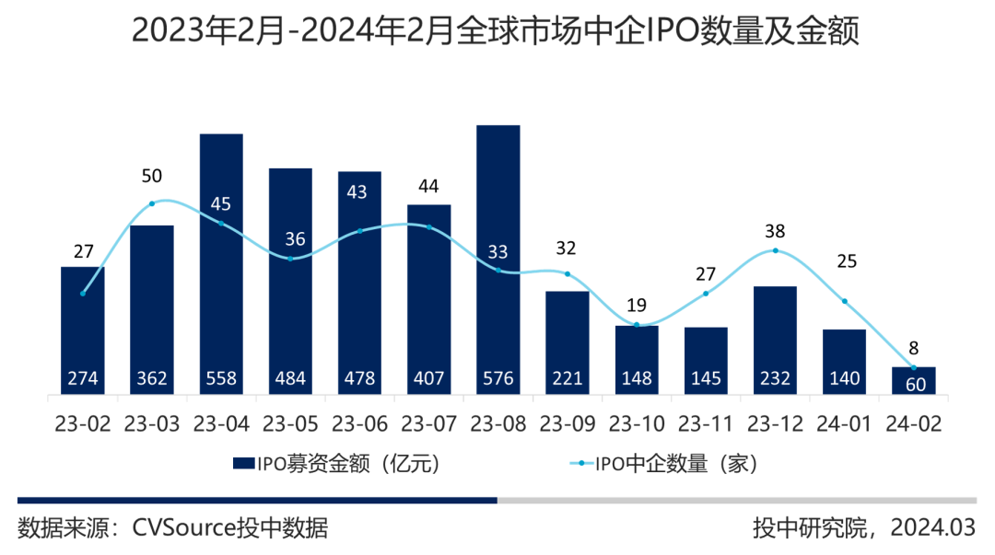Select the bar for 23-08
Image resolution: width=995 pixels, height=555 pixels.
tap(498, 258)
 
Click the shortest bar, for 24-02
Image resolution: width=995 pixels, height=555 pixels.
tap(914, 380)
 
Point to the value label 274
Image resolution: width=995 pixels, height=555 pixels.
tap(83, 378)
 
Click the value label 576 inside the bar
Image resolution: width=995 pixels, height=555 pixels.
tap(498, 378)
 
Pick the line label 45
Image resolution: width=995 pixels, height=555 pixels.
tap(221, 204)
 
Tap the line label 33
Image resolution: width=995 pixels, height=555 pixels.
tap(498, 251)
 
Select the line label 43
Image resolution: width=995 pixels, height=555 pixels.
tap(359, 192)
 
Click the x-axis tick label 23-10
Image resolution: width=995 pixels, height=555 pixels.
tap(638, 423)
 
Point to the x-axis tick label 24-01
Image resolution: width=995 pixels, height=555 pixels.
tap(845, 423)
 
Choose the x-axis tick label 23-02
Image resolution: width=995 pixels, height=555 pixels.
tap(83, 423)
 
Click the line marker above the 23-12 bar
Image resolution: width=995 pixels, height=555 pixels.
tap(776, 250)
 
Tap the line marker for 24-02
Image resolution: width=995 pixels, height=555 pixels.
tap(914, 366)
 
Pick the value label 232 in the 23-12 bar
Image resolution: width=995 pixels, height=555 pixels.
tap(776, 378)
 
